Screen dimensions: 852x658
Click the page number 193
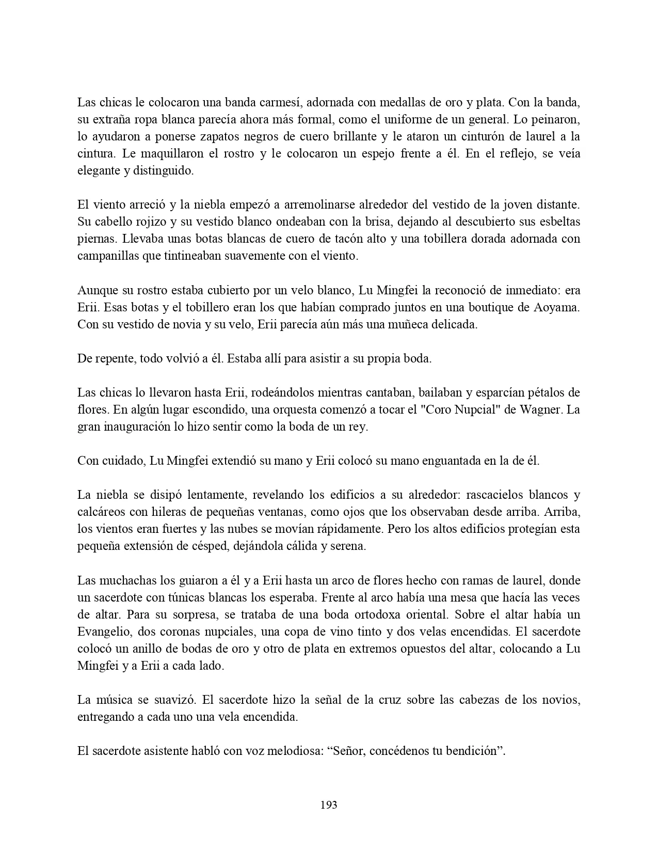pyautogui.click(x=329, y=804)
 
